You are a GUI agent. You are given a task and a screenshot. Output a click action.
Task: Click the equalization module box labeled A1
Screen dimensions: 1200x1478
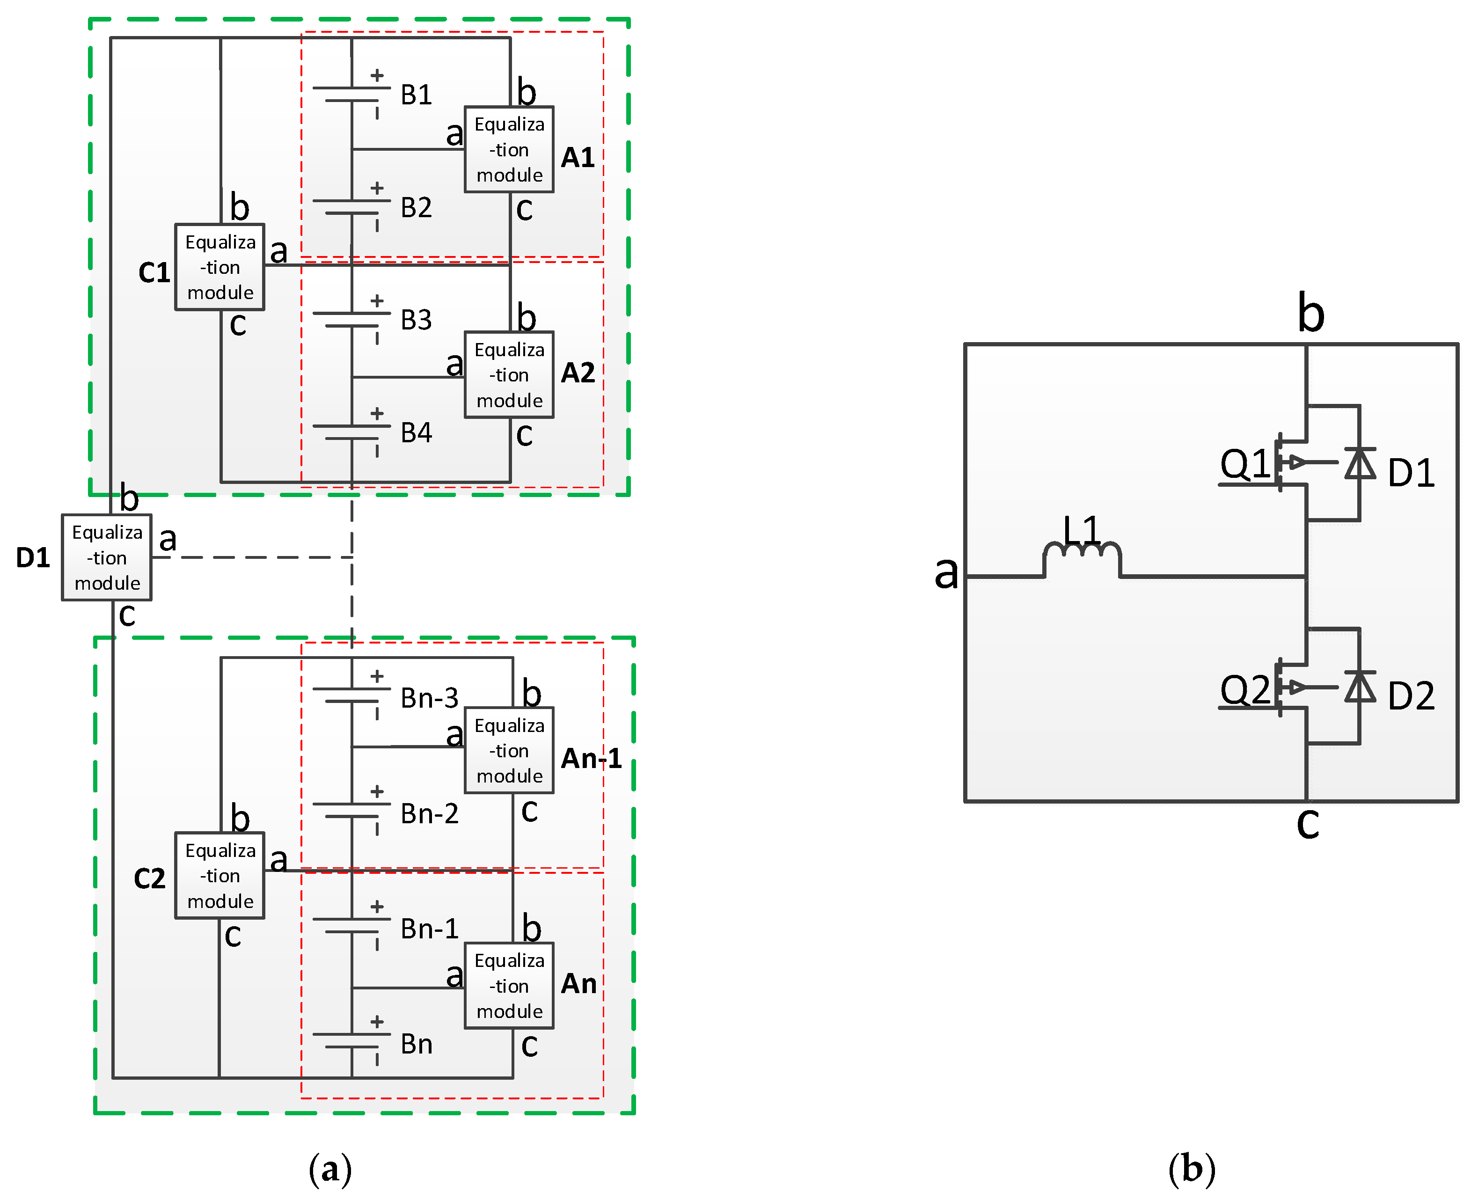pyautogui.click(x=509, y=149)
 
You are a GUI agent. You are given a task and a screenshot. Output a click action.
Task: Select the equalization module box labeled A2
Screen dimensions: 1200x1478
pyautogui.click(x=509, y=375)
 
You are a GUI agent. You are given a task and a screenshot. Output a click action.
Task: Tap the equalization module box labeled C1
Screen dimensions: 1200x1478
pyautogui.click(x=220, y=267)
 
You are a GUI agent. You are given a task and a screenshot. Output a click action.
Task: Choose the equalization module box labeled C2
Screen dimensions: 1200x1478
pyautogui.click(x=220, y=875)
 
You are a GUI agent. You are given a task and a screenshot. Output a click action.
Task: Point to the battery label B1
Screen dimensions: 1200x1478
pyautogui.click(x=416, y=95)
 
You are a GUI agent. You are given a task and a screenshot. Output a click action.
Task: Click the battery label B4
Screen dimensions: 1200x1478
pyautogui.click(x=416, y=433)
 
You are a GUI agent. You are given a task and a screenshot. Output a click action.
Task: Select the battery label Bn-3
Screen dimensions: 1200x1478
pyautogui.click(x=429, y=698)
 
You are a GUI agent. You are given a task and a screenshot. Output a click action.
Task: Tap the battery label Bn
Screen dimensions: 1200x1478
pyautogui.click(x=416, y=1044)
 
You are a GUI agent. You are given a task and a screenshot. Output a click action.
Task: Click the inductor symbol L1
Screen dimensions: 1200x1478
pyautogui.click(x=1082, y=553)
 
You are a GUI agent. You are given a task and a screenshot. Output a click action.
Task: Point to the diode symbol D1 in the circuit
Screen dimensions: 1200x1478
pyautogui.click(x=1360, y=463)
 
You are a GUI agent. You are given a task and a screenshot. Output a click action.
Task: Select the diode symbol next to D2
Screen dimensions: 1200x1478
pyautogui.click(x=1360, y=687)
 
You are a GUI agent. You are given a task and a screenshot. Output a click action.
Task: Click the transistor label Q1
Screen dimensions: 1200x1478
pyautogui.click(x=1244, y=463)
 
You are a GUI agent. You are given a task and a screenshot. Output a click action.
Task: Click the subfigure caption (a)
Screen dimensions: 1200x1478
pyautogui.click(x=330, y=1170)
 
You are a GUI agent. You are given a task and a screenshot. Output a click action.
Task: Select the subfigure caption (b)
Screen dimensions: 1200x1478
pyautogui.click(x=1191, y=1170)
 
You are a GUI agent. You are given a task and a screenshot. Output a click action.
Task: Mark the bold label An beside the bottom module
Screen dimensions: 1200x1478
pyautogui.click(x=578, y=984)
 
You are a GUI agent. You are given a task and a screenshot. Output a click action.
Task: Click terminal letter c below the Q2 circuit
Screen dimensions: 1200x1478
pyautogui.click(x=1307, y=824)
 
